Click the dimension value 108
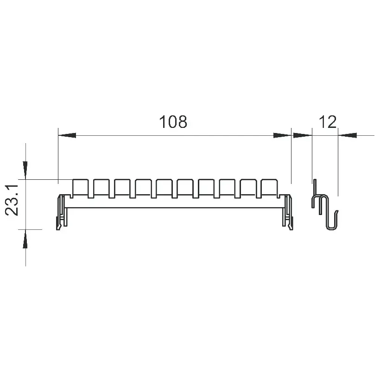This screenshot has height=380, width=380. (173, 122)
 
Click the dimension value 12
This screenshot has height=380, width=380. (328, 122)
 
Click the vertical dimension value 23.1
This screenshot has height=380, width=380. (12, 200)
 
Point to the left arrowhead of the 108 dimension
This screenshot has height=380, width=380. (67, 135)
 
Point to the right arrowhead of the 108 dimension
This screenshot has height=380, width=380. (282, 135)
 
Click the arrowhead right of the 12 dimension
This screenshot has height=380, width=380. (347, 135)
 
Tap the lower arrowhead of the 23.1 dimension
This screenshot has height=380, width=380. (25, 239)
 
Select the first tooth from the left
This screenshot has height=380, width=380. (80, 187)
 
